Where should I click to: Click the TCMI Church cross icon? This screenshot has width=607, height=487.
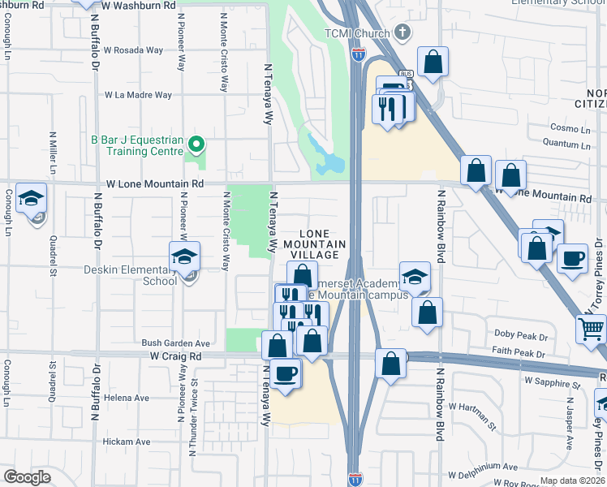point(402,32)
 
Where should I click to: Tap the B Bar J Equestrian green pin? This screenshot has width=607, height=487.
point(196,145)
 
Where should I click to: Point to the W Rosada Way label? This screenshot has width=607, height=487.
point(133,50)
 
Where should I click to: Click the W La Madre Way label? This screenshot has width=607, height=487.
point(138,95)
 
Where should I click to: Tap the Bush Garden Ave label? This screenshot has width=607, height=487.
point(176,343)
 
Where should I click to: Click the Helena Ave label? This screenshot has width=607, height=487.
point(132,398)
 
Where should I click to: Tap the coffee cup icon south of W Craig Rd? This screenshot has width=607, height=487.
point(286,373)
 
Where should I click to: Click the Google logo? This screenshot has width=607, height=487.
point(28,477)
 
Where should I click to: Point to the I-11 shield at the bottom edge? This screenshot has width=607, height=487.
point(355,479)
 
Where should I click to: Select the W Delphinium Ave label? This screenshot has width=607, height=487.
point(482,467)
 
